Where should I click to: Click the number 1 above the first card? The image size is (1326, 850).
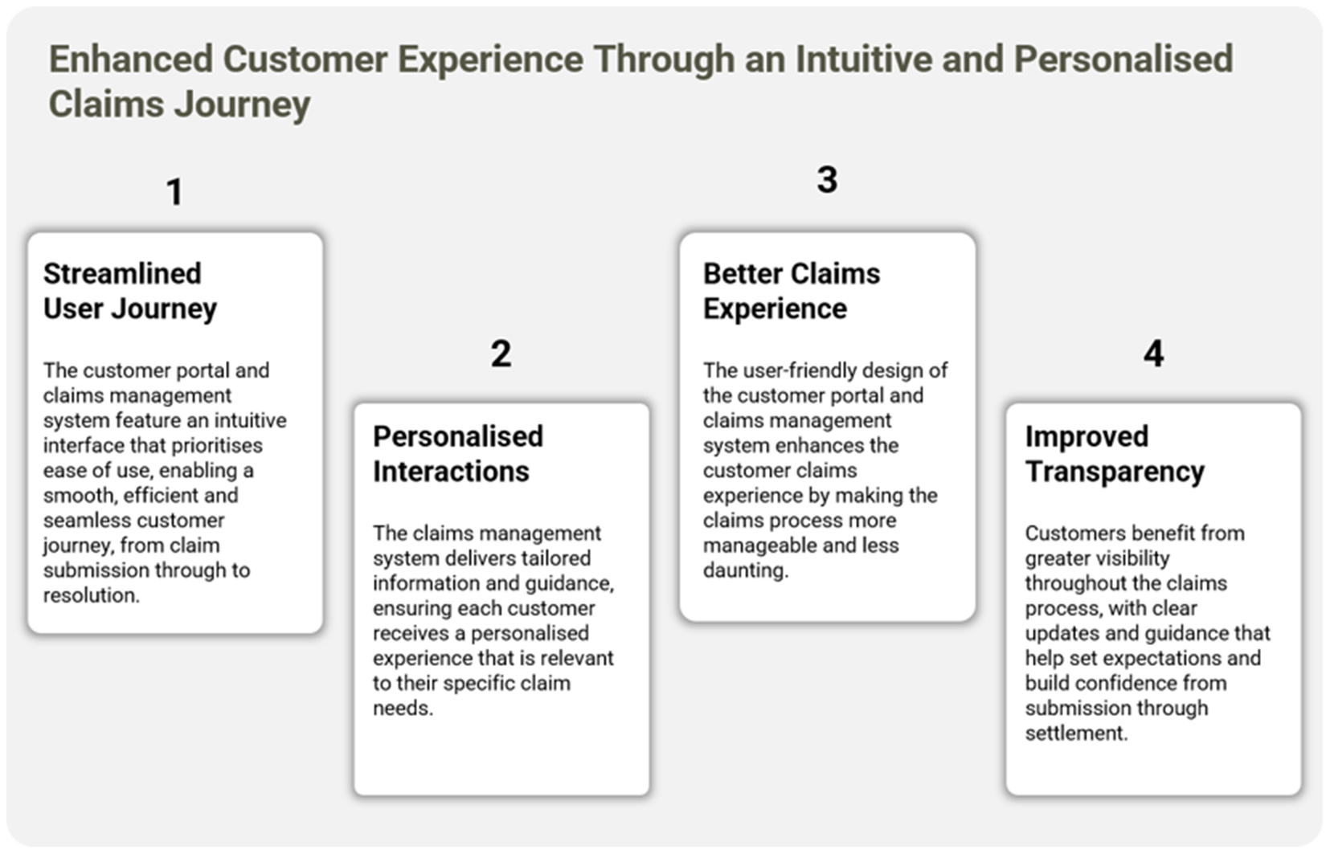click(x=174, y=192)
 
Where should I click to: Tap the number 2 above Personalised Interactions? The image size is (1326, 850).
click(x=501, y=353)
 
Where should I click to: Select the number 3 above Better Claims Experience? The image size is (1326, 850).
click(x=827, y=179)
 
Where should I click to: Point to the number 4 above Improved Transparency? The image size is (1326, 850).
click(x=1153, y=353)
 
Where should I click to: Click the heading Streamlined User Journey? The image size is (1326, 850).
click(x=130, y=291)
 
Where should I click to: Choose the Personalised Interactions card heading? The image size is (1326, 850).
click(x=458, y=454)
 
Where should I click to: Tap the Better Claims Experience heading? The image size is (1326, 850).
click(x=792, y=291)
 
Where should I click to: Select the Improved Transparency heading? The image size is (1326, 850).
click(x=1115, y=454)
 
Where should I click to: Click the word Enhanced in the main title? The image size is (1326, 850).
click(x=131, y=59)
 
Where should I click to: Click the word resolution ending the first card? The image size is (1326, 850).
click(x=91, y=595)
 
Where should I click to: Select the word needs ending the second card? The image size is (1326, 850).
click(x=403, y=708)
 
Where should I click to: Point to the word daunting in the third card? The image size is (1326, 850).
click(x=746, y=570)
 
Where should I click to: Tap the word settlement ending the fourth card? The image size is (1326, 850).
click(x=1077, y=734)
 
